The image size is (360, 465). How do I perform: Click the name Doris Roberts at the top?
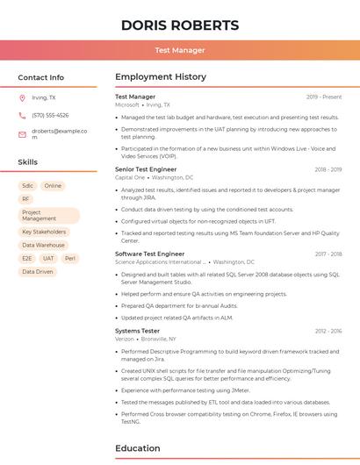pyautogui.click(x=180, y=25)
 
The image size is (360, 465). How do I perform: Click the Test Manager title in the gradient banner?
pyautogui.click(x=180, y=50)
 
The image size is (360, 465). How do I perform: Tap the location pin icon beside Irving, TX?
pyautogui.click(x=22, y=98)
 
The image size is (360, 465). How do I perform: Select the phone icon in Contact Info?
pyautogui.click(x=22, y=116)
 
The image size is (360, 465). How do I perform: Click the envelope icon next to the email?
pyautogui.click(x=22, y=134)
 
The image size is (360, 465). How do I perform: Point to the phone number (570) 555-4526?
pyautogui.click(x=50, y=116)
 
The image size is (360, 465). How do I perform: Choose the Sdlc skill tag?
pyautogui.click(x=28, y=186)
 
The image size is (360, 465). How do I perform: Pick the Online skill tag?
pyautogui.click(x=54, y=186)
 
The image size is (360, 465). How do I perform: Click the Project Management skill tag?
pyautogui.click(x=49, y=215)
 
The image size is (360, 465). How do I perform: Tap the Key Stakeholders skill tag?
pyautogui.click(x=44, y=232)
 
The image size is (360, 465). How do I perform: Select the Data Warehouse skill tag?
pyautogui.click(x=44, y=246)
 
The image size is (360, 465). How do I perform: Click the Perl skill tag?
pyautogui.click(x=70, y=259)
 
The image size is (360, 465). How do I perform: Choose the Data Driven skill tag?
pyautogui.click(x=38, y=272)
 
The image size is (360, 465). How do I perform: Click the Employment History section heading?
pyautogui.click(x=160, y=77)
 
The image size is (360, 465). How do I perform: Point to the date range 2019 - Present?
pyautogui.click(x=324, y=97)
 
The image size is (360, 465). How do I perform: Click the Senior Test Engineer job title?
pyautogui.click(x=146, y=169)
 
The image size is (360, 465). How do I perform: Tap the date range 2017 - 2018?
pyautogui.click(x=328, y=254)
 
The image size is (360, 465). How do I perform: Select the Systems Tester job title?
pyautogui.click(x=137, y=331)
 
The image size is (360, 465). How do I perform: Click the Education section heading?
pyautogui.click(x=138, y=448)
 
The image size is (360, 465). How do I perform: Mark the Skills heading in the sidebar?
pyautogui.click(x=28, y=162)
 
